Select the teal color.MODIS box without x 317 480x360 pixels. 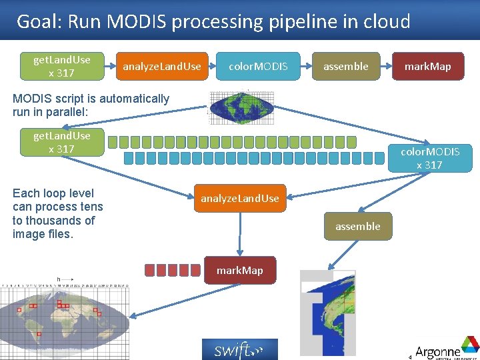pyautogui.click(x=258, y=67)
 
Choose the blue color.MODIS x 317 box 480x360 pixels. pyautogui.click(x=429, y=158)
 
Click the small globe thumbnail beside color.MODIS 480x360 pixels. pyautogui.click(x=236, y=107)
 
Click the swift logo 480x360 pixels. pyautogui.click(x=239, y=349)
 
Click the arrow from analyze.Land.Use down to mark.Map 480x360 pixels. pyautogui.click(x=240, y=233)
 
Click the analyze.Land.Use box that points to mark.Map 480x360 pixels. pyautogui.click(x=240, y=198)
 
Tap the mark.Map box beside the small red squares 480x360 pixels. pyautogui.click(x=239, y=270)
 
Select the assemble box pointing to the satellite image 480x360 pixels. pyautogui.click(x=357, y=227)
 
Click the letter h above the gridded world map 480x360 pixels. pyautogui.click(x=59, y=279)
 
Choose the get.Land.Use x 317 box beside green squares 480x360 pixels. pyautogui.click(x=61, y=142)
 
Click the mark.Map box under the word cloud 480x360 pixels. pyautogui.click(x=427, y=67)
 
